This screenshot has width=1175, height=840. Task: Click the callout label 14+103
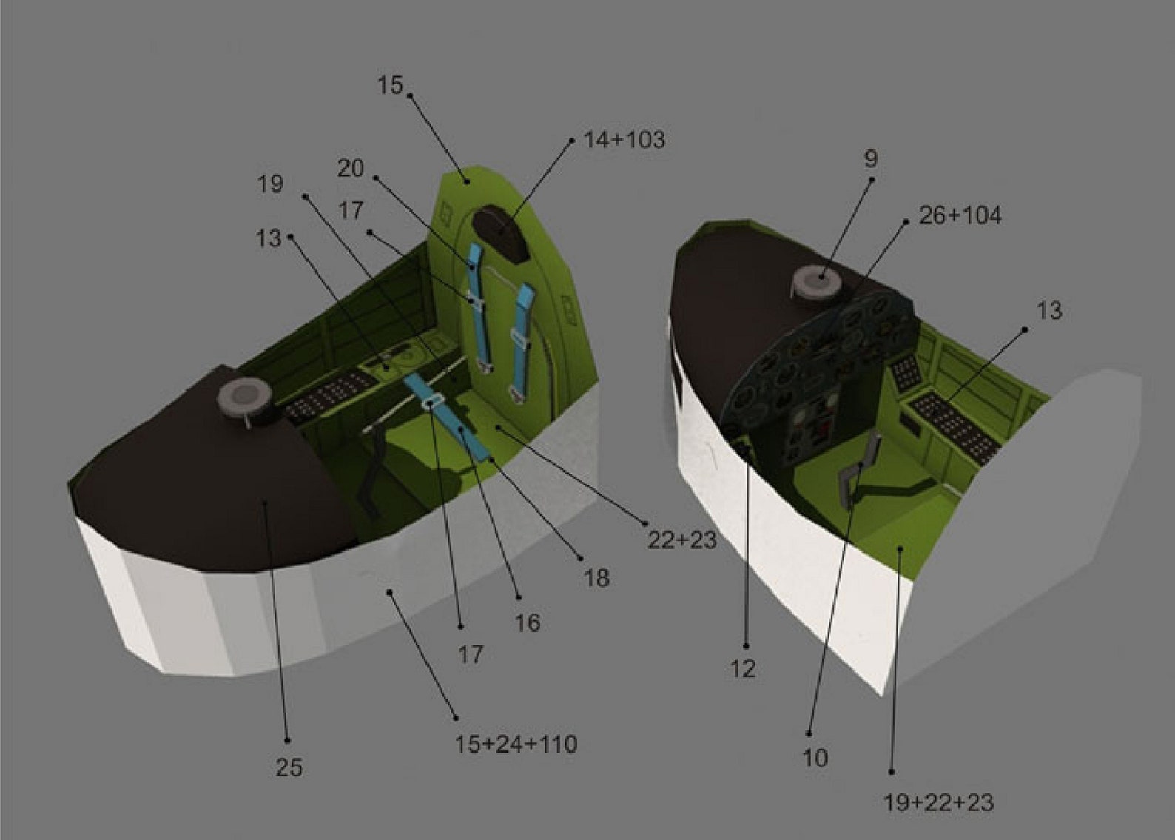click(624, 140)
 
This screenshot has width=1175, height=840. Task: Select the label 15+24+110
click(516, 744)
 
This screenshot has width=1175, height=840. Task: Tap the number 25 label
click(289, 767)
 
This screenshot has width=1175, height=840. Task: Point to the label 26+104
click(960, 215)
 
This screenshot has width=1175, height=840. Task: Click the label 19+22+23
click(938, 803)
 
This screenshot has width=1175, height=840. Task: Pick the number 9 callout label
click(871, 158)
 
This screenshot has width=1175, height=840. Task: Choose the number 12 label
click(744, 668)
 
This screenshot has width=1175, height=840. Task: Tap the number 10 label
click(815, 758)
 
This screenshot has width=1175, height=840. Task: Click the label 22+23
click(682, 540)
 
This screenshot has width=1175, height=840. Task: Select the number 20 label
click(351, 169)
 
